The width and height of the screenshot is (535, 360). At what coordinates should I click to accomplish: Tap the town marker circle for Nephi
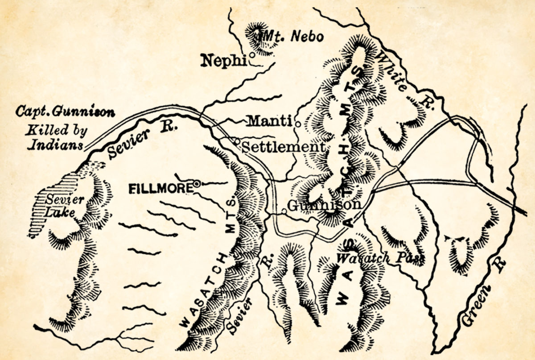(x=251, y=55)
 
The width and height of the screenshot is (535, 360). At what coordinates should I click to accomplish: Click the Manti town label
(x=269, y=121)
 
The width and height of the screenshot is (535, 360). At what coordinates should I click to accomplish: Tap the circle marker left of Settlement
(x=238, y=142)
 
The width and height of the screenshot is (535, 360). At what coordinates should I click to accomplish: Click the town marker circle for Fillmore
(x=196, y=182)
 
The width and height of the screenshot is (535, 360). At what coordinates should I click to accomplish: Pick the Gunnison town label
(x=324, y=205)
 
